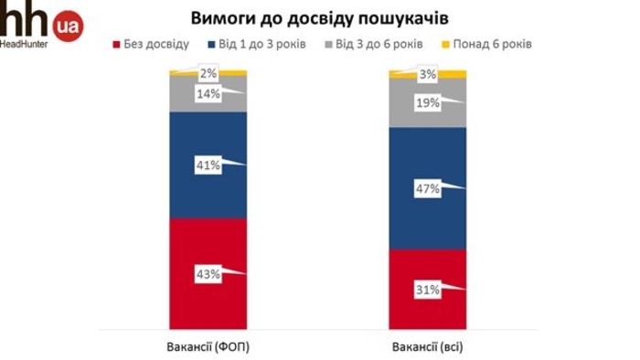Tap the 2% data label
[x=208, y=73]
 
